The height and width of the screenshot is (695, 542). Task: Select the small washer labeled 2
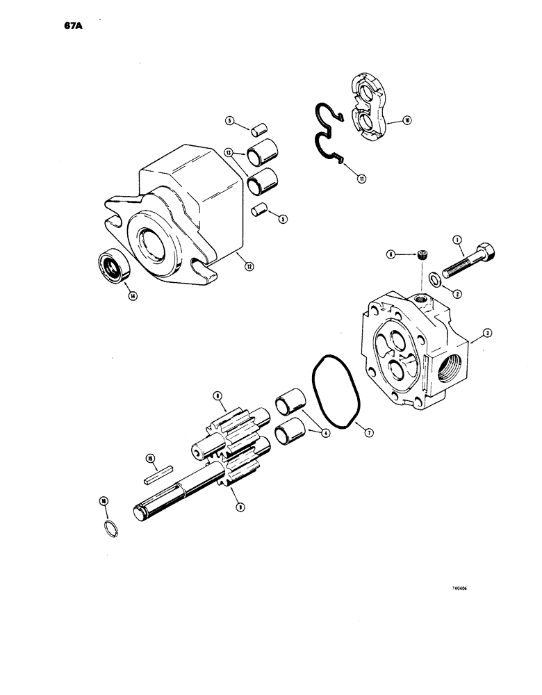tap(432, 279)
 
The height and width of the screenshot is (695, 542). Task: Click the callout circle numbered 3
tap(488, 334)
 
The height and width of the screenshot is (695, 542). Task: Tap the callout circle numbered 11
tap(362, 179)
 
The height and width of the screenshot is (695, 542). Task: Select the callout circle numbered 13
tap(228, 153)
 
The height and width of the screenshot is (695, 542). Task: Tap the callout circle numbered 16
tap(104, 500)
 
